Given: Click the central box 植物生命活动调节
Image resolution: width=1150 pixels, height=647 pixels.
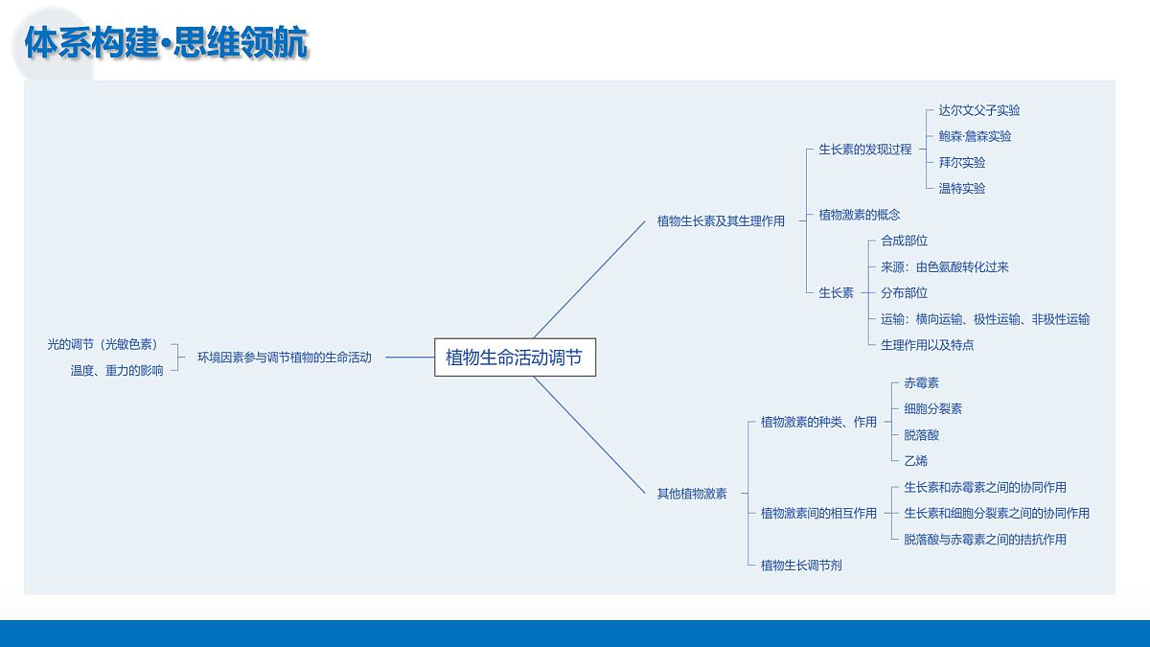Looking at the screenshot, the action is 515,357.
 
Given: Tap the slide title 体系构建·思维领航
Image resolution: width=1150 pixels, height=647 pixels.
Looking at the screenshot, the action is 166,42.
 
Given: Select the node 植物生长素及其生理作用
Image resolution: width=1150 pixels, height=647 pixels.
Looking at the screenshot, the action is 721,221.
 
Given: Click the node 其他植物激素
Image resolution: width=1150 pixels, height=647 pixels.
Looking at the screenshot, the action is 692,494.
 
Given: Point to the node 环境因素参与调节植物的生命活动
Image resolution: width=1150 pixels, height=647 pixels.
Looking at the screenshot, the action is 285,358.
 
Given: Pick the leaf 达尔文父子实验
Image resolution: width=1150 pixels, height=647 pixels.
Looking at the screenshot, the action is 979,110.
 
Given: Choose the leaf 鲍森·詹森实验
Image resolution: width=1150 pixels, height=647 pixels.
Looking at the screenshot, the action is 975,136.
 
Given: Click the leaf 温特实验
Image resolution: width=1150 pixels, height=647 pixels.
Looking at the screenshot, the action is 962,189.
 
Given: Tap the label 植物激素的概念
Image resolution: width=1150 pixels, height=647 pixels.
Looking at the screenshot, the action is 860,215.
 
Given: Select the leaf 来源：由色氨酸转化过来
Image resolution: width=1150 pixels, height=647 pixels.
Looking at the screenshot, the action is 945,267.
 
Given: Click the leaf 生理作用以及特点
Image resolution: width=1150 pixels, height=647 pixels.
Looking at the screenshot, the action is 928,345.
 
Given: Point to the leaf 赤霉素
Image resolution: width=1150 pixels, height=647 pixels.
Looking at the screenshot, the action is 922,383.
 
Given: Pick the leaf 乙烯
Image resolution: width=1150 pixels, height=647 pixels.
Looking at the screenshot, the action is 916,461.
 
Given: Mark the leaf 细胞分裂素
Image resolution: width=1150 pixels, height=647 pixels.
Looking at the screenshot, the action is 932,408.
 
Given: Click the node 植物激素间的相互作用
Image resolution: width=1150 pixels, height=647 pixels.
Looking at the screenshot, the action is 818,513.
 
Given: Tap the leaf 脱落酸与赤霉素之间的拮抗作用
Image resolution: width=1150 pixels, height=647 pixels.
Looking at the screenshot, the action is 985,539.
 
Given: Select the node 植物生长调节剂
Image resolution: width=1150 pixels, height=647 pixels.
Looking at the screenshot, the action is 801,566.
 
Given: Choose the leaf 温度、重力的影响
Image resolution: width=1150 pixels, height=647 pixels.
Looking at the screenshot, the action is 117,370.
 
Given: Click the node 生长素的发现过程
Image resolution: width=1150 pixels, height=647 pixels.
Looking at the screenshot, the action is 865,150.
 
